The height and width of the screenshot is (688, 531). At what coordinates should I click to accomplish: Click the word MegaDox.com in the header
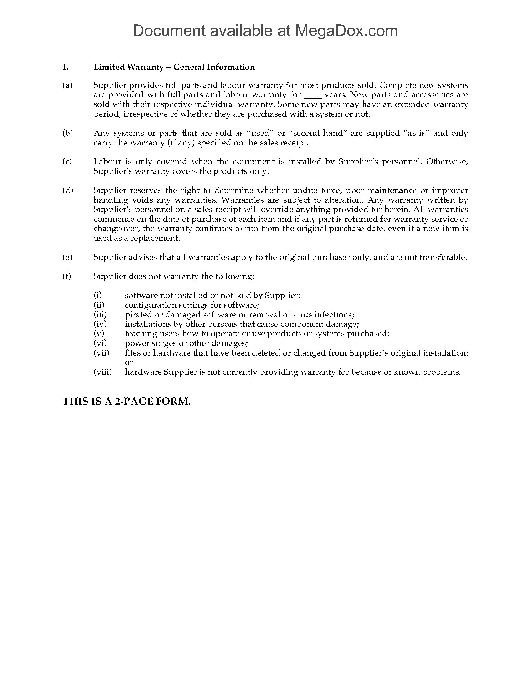346,31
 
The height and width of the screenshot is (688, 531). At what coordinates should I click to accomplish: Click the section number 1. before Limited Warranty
65,67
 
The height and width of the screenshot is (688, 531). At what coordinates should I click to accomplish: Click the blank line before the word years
313,95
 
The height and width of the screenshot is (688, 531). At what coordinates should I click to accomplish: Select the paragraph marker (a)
67,85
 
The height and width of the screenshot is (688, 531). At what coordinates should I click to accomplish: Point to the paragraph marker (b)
68,133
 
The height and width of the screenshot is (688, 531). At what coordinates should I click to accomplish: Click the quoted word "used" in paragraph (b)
260,133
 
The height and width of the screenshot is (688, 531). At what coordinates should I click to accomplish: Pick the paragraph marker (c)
67,162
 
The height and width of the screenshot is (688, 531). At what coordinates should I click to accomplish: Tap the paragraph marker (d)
68,190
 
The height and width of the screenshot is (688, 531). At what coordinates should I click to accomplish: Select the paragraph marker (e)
67,257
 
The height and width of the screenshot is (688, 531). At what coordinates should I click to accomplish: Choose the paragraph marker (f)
67,276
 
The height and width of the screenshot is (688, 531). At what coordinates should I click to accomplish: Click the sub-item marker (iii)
100,315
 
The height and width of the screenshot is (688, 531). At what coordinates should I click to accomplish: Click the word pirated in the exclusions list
137,315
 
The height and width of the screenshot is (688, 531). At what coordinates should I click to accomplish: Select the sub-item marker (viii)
102,372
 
